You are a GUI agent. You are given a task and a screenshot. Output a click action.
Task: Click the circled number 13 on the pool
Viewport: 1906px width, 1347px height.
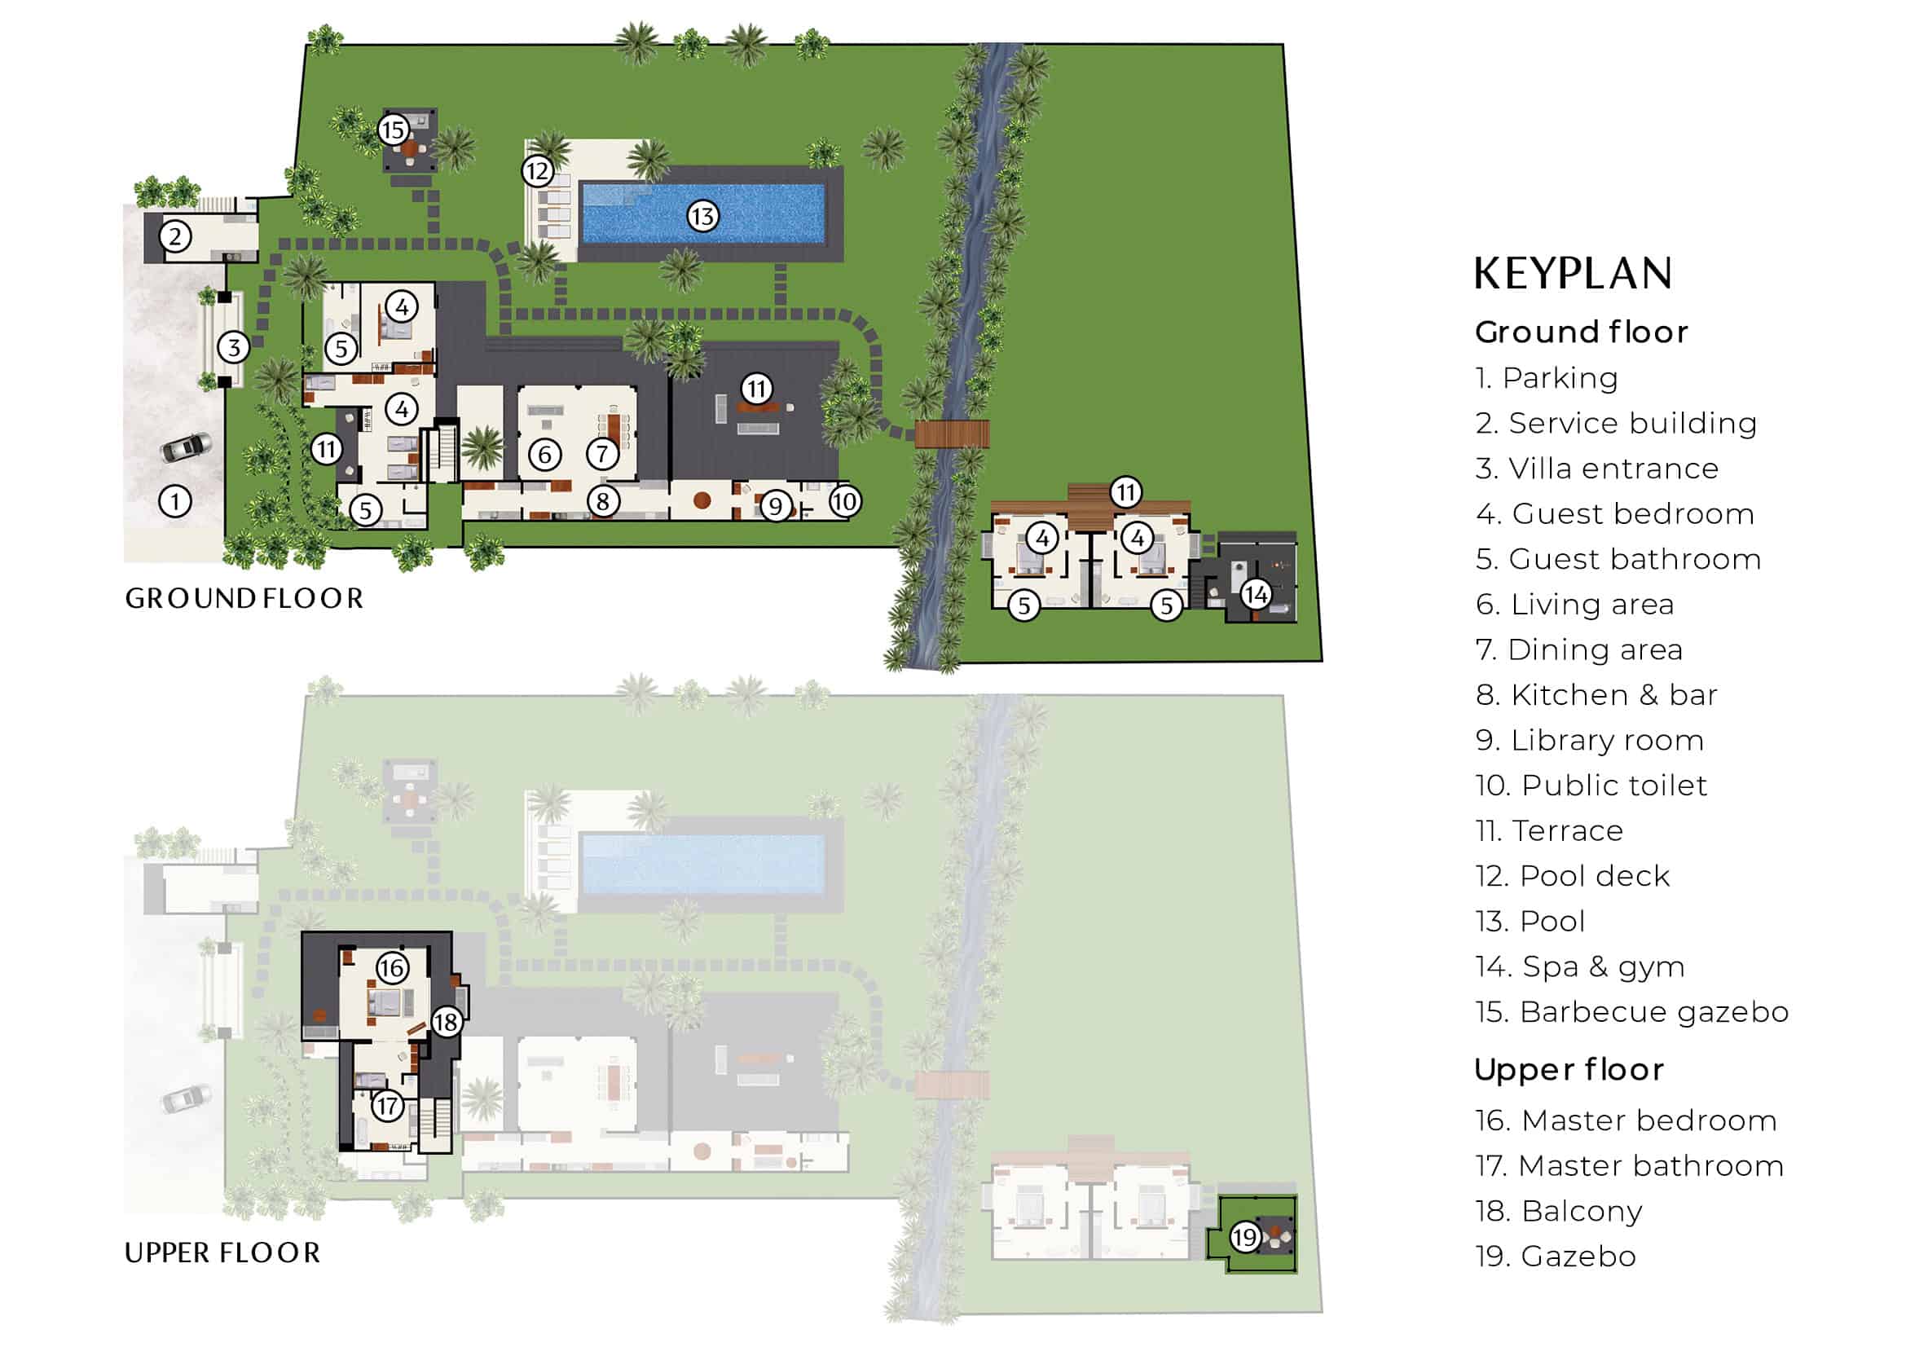702,217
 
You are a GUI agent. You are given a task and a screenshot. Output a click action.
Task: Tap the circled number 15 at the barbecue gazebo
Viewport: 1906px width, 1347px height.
393,130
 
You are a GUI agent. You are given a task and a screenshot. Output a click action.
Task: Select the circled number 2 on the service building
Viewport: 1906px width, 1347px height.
175,237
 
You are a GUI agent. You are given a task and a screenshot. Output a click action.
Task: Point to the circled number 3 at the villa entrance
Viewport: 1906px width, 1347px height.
234,348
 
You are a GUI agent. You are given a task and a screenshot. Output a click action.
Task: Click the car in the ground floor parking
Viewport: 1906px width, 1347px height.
186,448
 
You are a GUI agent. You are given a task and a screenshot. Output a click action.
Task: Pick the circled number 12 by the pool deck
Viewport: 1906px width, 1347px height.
537,172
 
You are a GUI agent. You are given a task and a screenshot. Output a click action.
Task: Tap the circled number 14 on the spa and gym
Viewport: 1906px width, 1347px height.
1255,594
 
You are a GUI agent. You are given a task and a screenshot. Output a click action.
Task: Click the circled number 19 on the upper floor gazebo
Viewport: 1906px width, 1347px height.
1245,1239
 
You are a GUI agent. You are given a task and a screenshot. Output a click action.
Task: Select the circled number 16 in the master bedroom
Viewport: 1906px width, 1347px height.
392,968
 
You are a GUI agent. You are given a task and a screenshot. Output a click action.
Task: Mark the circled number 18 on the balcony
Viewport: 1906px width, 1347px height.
447,1022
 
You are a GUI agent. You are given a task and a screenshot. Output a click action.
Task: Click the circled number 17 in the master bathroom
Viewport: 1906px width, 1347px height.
388,1106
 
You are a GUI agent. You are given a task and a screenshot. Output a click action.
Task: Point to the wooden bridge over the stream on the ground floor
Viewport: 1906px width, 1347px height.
952,434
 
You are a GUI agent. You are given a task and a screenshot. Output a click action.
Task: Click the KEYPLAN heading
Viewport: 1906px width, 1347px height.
1573,274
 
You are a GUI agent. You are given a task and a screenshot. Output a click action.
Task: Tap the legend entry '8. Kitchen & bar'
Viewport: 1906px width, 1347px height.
1596,694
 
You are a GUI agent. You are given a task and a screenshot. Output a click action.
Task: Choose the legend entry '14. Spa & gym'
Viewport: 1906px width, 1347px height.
1580,967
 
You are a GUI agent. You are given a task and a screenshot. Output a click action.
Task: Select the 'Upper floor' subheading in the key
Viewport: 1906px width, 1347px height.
1569,1070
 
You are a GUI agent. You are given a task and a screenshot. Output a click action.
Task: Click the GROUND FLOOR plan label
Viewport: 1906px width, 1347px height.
244,598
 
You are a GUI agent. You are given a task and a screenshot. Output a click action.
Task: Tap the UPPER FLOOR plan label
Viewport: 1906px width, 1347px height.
222,1253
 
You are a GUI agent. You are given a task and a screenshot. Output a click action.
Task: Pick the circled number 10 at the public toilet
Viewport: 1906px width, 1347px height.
844,501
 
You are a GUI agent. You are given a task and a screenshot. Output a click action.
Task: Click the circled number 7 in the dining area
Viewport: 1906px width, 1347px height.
603,453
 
